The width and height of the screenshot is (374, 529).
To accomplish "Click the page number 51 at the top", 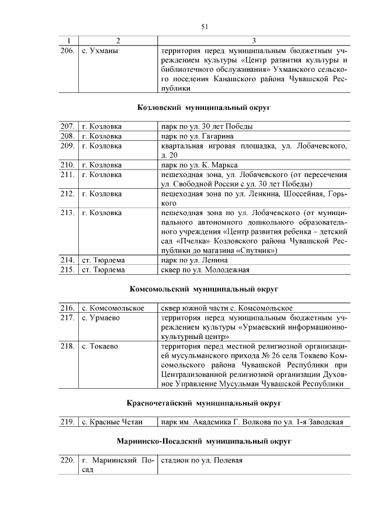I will click(205, 26).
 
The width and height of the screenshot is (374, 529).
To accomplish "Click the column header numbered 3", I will click(254, 41).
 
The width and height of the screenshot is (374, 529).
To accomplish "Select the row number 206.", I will click(68, 51).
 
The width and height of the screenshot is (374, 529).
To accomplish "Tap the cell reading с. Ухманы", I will click(101, 51).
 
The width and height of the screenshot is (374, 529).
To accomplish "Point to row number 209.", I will click(68, 146).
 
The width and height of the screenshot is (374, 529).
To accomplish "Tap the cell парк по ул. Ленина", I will click(194, 260).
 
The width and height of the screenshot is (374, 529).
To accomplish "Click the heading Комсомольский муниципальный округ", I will click(204, 289).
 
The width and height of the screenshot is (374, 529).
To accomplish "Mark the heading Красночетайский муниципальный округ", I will click(204, 403).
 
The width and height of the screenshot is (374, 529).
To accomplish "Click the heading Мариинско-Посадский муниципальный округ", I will click(204, 441).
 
